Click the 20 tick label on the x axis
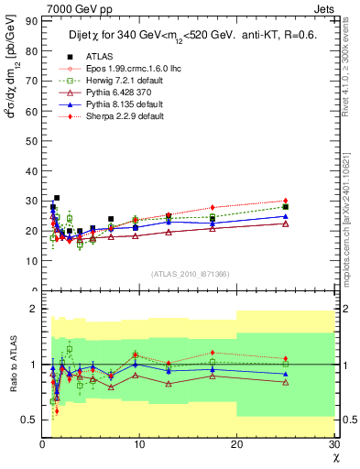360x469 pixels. [x=236, y=444]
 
